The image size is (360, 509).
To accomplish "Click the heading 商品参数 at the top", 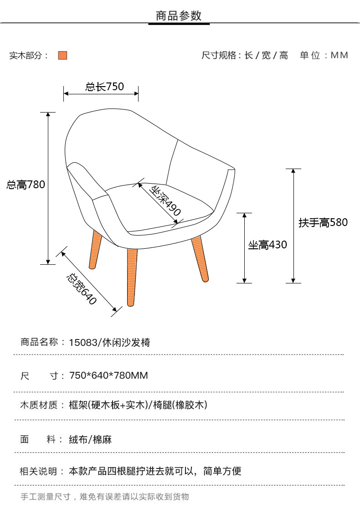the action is [179, 16].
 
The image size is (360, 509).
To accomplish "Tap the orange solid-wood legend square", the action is [62, 56].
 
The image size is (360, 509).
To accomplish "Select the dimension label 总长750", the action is [104, 87].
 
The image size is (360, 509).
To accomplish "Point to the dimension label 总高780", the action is [26, 185].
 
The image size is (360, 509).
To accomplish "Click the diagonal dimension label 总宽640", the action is [82, 289].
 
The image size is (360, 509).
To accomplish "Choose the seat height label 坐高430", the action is [267, 245].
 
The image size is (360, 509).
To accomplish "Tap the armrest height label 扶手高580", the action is [323, 223].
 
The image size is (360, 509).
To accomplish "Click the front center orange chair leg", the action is [132, 276].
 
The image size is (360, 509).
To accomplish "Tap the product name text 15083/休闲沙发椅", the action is [109, 342].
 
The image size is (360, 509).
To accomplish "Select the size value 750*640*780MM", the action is [108, 376].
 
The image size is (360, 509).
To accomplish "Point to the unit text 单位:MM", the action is [324, 56].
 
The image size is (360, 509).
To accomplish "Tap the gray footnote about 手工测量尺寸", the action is [105, 497].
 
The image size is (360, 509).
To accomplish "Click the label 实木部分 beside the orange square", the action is [29, 56].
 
